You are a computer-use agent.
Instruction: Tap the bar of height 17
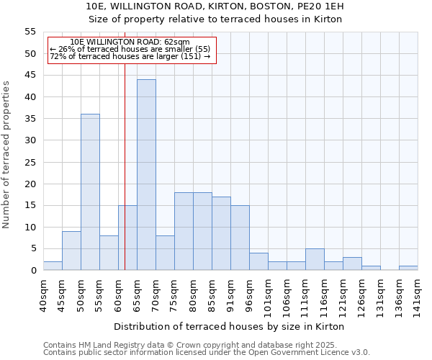coord(221,233)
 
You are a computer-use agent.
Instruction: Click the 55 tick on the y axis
coord(30,32)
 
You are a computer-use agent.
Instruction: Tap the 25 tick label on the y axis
coord(30,162)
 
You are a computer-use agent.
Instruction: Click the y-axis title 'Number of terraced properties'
coord(6,155)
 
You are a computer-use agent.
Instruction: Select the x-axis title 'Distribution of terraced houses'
coord(230,326)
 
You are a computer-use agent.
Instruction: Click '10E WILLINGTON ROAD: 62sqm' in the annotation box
coord(130,42)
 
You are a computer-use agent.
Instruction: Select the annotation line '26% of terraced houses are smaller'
coord(130,50)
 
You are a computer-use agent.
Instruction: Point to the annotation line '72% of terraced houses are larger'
coord(130,57)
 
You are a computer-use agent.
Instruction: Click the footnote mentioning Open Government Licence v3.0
coord(207,352)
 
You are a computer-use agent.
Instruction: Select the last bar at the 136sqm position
coord(408,268)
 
